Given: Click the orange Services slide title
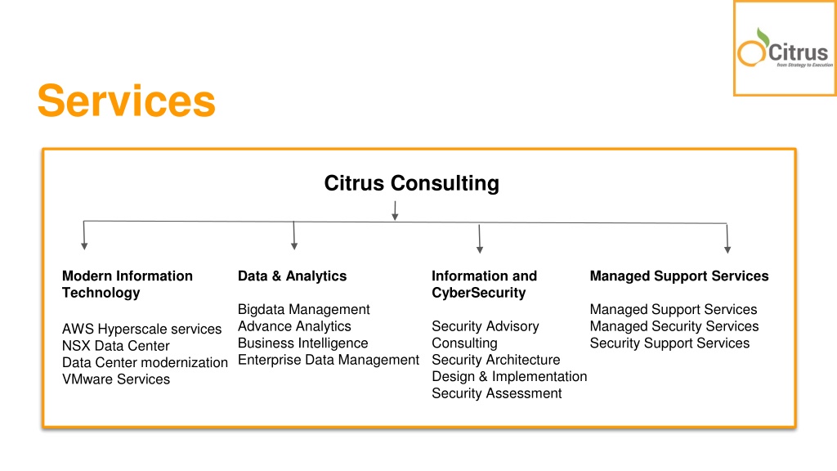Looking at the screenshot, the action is tap(127, 101).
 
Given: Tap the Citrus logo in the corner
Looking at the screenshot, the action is tap(784, 48).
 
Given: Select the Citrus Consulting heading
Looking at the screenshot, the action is tap(412, 183).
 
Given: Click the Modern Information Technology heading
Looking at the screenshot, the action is tap(127, 284).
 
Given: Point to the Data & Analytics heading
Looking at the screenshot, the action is tap(292, 276).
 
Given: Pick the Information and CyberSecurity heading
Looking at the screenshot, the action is tap(484, 284).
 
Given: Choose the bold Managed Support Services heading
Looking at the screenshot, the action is tap(679, 276).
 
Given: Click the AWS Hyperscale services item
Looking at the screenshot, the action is tap(141, 329).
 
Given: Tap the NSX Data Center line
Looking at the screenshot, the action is tap(116, 346).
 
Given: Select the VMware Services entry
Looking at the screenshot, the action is tap(116, 379).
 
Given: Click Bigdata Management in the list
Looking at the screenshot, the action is tap(304, 310).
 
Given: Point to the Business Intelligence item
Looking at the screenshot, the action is tap(302, 343).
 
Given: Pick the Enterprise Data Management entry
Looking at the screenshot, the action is tap(329, 360).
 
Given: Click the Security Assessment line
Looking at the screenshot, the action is tap(496, 393).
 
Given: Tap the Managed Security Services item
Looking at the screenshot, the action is tap(674, 326).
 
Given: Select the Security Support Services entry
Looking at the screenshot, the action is tap(669, 343).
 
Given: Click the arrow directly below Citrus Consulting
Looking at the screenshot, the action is tap(395, 210).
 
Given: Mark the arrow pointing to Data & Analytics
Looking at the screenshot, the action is tap(293, 235).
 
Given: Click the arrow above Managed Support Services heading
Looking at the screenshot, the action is tap(727, 238).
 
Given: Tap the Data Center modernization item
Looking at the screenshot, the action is tap(145, 362).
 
